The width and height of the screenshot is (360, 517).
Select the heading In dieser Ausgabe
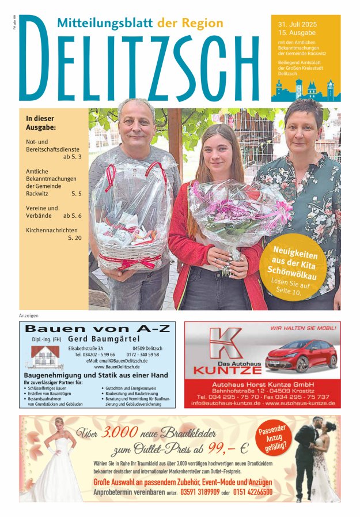coord(41,123)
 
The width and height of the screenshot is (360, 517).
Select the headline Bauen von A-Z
coord(96,329)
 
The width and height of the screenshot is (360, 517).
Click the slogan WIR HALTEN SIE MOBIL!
coord(303,328)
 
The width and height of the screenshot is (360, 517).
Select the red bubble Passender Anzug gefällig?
coord(272,440)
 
